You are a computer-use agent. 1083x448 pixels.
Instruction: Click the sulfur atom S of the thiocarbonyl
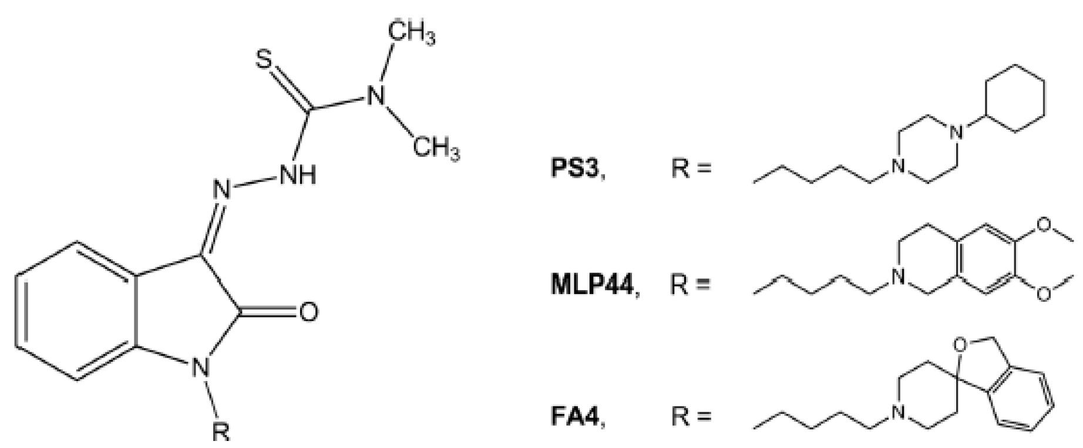pos(265,60)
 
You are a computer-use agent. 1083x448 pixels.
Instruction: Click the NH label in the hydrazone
pos(298,174)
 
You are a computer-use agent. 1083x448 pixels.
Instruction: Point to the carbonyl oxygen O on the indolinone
pos(308,312)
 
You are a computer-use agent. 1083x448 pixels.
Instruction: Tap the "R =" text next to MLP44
pos(691,286)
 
